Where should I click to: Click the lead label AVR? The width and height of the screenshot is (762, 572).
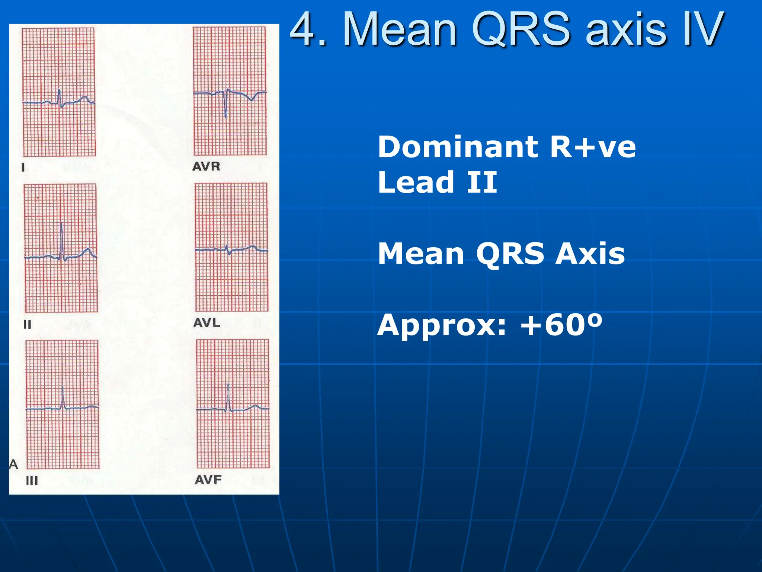point(206,166)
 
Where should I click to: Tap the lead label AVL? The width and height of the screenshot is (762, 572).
point(207,322)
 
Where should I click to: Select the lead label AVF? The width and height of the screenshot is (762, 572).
point(208,480)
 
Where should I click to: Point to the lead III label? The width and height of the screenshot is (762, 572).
point(32,481)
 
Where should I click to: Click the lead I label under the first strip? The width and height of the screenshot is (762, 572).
point(23,168)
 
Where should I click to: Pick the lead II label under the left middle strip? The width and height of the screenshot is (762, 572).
point(28,325)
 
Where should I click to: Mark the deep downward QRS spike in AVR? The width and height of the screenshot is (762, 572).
point(225,115)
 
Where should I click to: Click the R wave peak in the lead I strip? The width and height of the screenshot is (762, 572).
point(59,90)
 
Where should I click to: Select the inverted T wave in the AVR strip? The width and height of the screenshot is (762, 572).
point(252,99)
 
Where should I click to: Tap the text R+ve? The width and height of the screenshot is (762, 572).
point(593,147)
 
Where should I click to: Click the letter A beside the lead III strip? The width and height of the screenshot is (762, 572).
point(13,464)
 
